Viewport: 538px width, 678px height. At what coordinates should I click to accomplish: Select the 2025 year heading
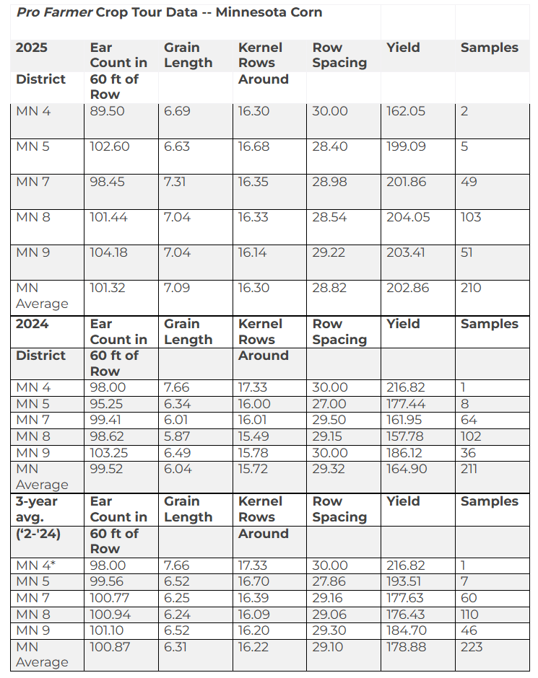[x=32, y=48]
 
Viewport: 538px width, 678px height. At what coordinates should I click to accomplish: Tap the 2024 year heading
[x=32, y=324]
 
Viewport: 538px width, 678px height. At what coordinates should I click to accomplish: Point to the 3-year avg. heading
[x=37, y=501]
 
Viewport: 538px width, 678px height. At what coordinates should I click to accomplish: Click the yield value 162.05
[x=406, y=111]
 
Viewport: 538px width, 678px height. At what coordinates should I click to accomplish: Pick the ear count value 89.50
[x=107, y=111]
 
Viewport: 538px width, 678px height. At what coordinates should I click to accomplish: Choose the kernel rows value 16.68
[x=253, y=146]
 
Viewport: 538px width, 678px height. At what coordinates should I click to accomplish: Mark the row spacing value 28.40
[x=330, y=146]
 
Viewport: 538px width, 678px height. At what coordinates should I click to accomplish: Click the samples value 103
[x=471, y=217]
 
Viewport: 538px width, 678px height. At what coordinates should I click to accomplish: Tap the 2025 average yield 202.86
[x=407, y=288]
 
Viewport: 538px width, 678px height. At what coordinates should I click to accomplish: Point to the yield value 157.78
[x=406, y=436]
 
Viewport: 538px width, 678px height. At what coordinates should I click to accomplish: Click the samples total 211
[x=469, y=469]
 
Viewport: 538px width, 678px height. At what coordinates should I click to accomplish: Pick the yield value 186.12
[x=406, y=453]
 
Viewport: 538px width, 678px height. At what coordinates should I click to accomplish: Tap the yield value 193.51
[x=406, y=581]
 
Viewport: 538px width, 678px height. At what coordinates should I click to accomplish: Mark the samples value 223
[x=472, y=647]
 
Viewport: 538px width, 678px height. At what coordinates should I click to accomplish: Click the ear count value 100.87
[x=110, y=647]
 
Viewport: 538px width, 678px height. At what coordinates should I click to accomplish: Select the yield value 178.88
[x=407, y=647]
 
